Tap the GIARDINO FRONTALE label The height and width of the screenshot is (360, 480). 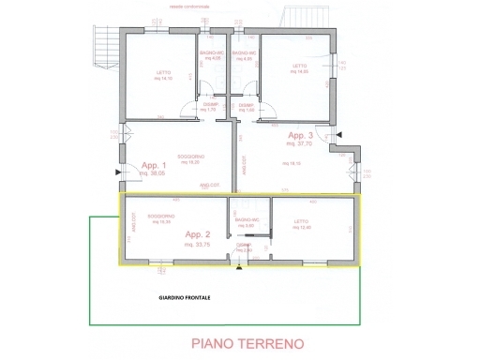point(184,298)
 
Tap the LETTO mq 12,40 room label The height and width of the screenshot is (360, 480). point(301,225)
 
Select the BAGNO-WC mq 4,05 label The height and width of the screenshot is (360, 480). point(211,56)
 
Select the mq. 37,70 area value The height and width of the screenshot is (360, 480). point(302,145)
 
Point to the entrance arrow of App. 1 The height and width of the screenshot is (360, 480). point(115,172)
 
